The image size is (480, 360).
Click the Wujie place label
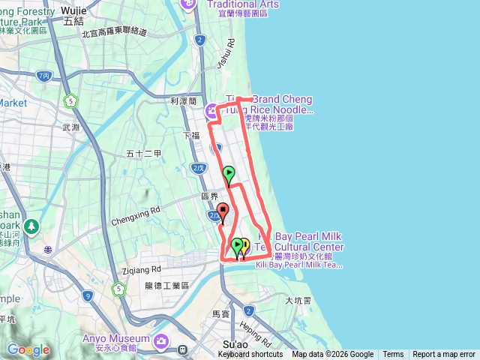pos(74,9)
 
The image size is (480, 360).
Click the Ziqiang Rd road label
pos(140,268)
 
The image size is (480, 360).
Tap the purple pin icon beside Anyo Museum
pos(161,342)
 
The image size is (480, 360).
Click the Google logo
pos(28,349)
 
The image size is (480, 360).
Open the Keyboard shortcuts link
pos(250,355)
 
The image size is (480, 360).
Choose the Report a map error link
pos(444,355)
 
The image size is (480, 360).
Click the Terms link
pos(393,355)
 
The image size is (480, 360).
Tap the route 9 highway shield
pos(88,296)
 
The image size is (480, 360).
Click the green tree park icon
pos(31,226)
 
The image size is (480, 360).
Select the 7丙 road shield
pos(43,76)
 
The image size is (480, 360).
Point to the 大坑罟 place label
pos(298,300)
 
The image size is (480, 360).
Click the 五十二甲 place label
pos(143,154)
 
